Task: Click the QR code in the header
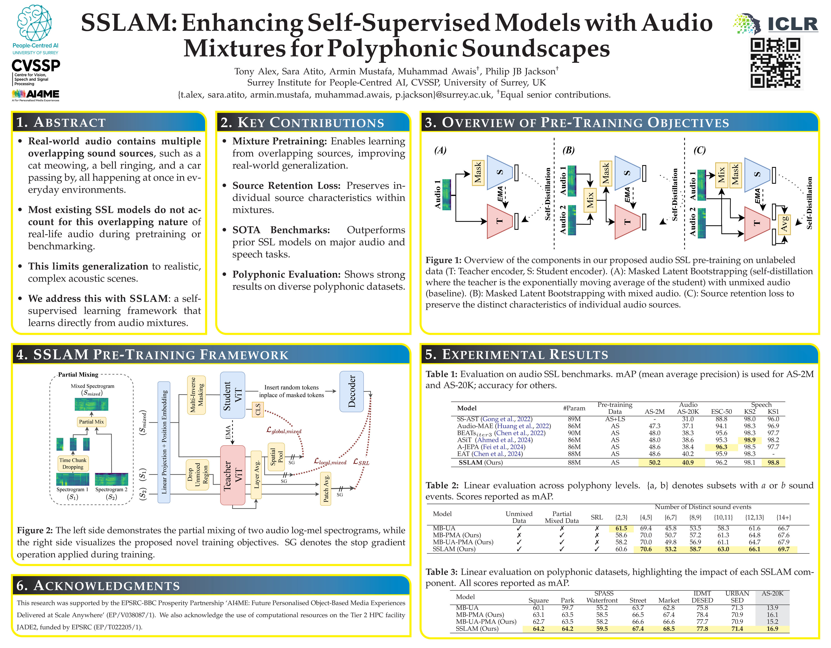(775, 63)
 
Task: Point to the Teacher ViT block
(233, 475)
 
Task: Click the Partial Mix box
(91, 422)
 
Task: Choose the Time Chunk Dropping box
(73, 463)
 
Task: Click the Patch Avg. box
(326, 489)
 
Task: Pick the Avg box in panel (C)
(784, 224)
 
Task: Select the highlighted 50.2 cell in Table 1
(655, 462)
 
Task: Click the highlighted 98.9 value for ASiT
(750, 440)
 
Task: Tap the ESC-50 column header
(721, 412)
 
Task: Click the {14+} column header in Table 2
(784, 517)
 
